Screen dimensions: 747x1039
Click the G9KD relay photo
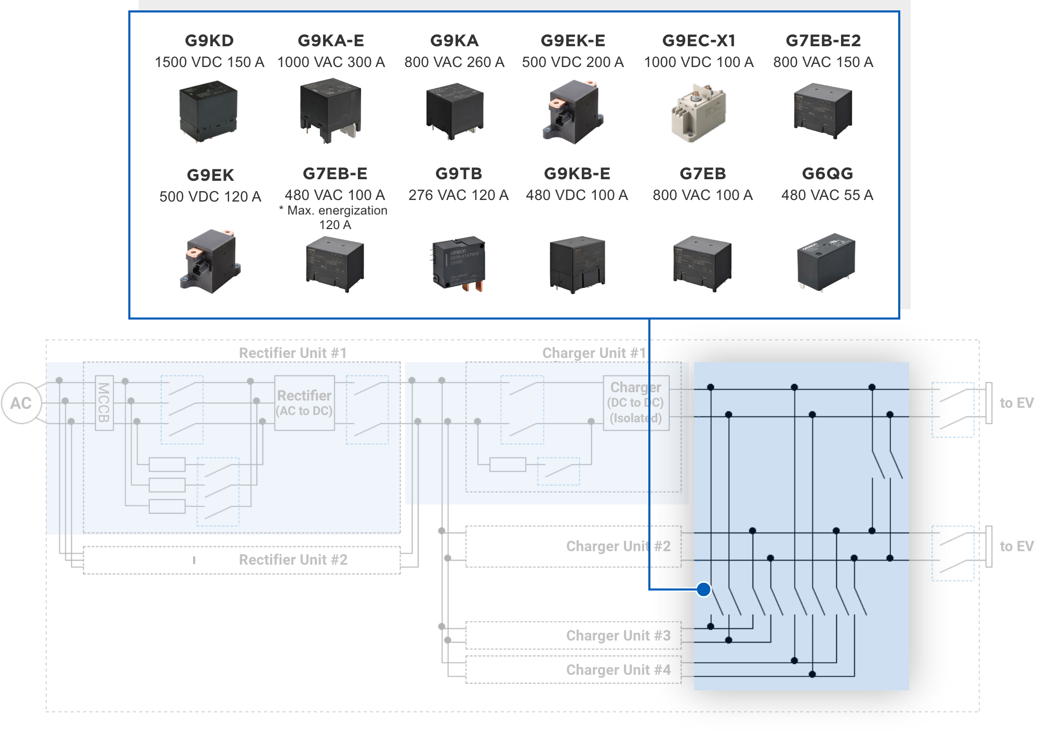tap(208, 111)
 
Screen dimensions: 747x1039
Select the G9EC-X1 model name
tap(699, 41)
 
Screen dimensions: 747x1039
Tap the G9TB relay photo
tap(459, 264)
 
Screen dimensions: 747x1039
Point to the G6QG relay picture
tap(826, 261)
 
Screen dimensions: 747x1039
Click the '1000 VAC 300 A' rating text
tap(331, 62)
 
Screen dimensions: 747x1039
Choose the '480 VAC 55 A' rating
tap(827, 195)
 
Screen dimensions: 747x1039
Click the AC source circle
tap(21, 403)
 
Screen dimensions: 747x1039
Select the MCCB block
tap(104, 403)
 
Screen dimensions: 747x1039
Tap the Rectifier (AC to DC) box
tap(304, 403)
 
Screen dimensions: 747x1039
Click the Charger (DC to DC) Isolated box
tap(636, 403)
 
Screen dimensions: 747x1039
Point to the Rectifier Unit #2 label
tap(293, 560)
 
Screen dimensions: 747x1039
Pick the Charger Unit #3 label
tap(618, 636)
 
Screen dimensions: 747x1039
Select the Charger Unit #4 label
tap(618, 670)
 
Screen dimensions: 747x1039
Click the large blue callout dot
tap(704, 590)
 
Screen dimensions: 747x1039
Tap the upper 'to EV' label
tap(1016, 403)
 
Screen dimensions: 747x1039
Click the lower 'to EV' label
tap(1016, 546)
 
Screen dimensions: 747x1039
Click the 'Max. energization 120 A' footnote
tap(336, 218)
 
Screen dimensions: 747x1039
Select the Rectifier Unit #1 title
tap(292, 353)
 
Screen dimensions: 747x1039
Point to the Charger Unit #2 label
tap(618, 546)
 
